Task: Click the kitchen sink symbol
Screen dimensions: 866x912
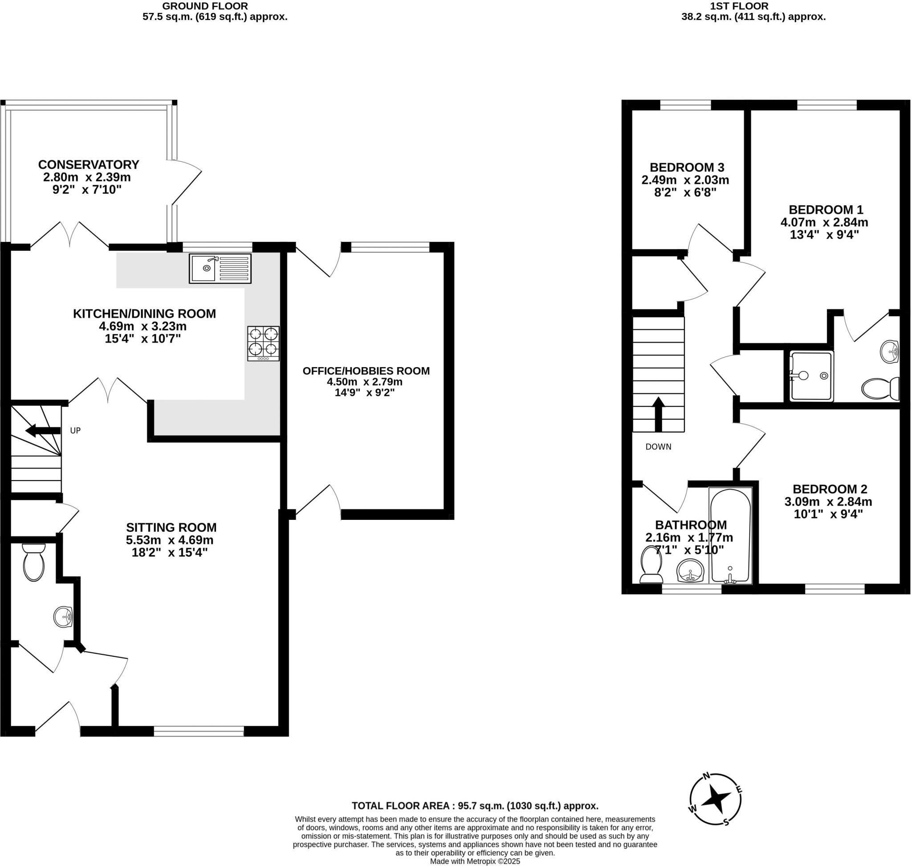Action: (x=220, y=269)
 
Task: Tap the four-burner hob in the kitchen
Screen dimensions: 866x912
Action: (x=263, y=343)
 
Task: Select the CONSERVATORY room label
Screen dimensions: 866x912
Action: (x=89, y=165)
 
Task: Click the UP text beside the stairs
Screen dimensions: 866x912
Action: (x=75, y=431)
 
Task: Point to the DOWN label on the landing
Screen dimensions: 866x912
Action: (x=658, y=447)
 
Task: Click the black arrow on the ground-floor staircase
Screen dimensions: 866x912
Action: (x=43, y=431)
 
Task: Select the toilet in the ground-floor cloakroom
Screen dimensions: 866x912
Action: (x=33, y=561)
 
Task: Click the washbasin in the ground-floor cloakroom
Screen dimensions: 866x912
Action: (x=63, y=617)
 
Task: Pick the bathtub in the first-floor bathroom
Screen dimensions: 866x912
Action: (x=730, y=535)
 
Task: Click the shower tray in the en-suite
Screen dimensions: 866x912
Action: (x=811, y=376)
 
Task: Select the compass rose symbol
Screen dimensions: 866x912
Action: (x=715, y=800)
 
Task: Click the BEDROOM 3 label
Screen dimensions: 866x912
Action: (x=687, y=167)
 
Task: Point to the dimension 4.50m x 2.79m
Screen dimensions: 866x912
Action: (x=365, y=382)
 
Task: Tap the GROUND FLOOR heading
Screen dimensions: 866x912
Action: (x=205, y=6)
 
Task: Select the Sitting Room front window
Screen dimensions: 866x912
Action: (x=199, y=731)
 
